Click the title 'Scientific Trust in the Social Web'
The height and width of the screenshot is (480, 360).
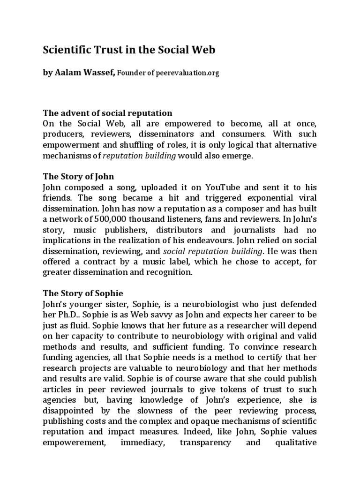tap(129, 50)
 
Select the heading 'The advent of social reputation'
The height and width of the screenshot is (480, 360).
tap(107, 113)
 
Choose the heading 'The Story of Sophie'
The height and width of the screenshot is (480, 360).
tap(83, 293)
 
